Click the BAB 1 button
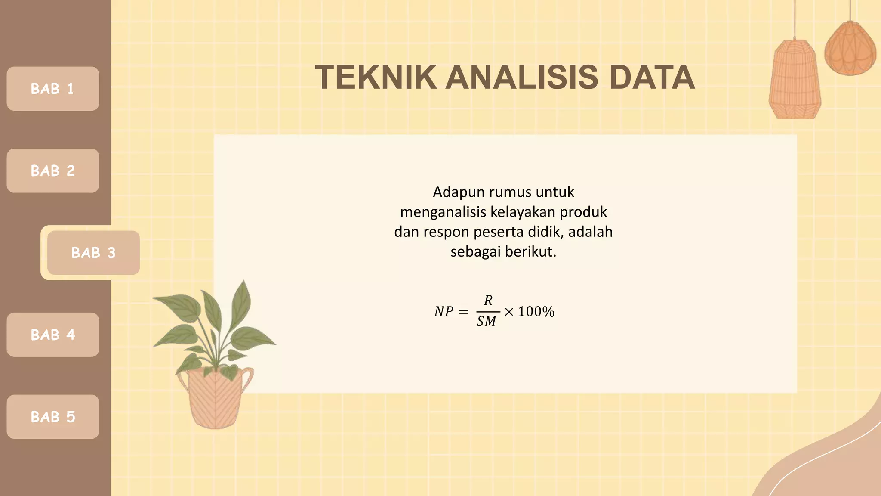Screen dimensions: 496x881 [x=52, y=89]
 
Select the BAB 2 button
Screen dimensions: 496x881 [x=52, y=170]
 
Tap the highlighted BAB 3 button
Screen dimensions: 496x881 [x=93, y=253]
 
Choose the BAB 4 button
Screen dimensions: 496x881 [x=52, y=335]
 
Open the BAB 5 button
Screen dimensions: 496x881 [x=52, y=417]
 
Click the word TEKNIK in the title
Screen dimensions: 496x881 [x=376, y=77]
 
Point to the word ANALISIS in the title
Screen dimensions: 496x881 [x=521, y=77]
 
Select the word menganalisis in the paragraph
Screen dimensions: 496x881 [x=443, y=212]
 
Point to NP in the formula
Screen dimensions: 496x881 [x=444, y=311]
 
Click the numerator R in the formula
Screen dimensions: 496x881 [x=488, y=301]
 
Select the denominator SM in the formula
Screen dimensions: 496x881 [x=486, y=321]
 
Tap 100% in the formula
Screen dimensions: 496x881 [x=536, y=311]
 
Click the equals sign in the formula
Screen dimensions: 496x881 [x=464, y=312]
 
